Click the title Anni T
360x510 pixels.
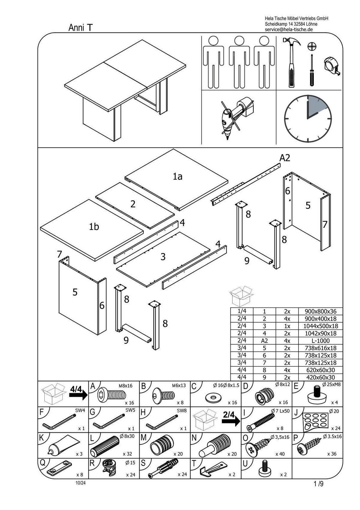coord(80,28)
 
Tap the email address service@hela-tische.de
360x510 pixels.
coord(289,29)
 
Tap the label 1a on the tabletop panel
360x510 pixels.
coord(178,177)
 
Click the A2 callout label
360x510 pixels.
coord(285,158)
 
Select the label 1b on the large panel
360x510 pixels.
coord(94,227)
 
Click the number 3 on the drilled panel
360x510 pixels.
coord(163,257)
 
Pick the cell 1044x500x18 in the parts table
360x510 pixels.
coord(320,326)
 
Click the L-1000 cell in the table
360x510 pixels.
coord(320,341)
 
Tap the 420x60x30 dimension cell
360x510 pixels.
coord(320,377)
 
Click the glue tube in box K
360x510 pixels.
coord(62,445)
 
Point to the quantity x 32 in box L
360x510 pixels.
coord(127,454)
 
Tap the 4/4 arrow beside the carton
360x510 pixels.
coord(77,392)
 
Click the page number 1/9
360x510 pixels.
coord(319,484)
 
